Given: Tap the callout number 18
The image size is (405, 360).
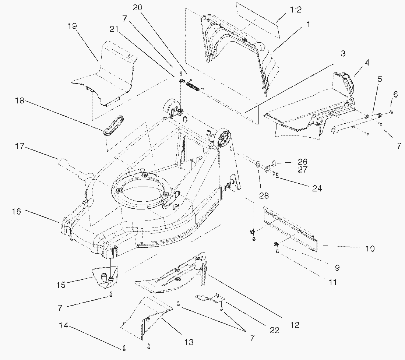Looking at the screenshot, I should click(20, 100).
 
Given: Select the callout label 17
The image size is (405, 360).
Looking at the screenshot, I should click(20, 147).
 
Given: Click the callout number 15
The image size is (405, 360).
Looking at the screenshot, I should click(61, 285).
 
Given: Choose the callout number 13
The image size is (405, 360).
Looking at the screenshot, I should click(189, 342).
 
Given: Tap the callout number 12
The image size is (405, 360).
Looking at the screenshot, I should click(294, 325).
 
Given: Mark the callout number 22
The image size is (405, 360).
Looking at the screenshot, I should click(274, 330).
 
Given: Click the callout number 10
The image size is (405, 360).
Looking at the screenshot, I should click(370, 248).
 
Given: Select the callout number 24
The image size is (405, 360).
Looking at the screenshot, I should click(317, 188).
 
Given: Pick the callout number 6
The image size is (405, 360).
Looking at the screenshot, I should click(395, 94).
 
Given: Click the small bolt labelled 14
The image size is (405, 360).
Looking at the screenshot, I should click(124, 347).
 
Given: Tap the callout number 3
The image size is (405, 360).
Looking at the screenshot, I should click(343, 53).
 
